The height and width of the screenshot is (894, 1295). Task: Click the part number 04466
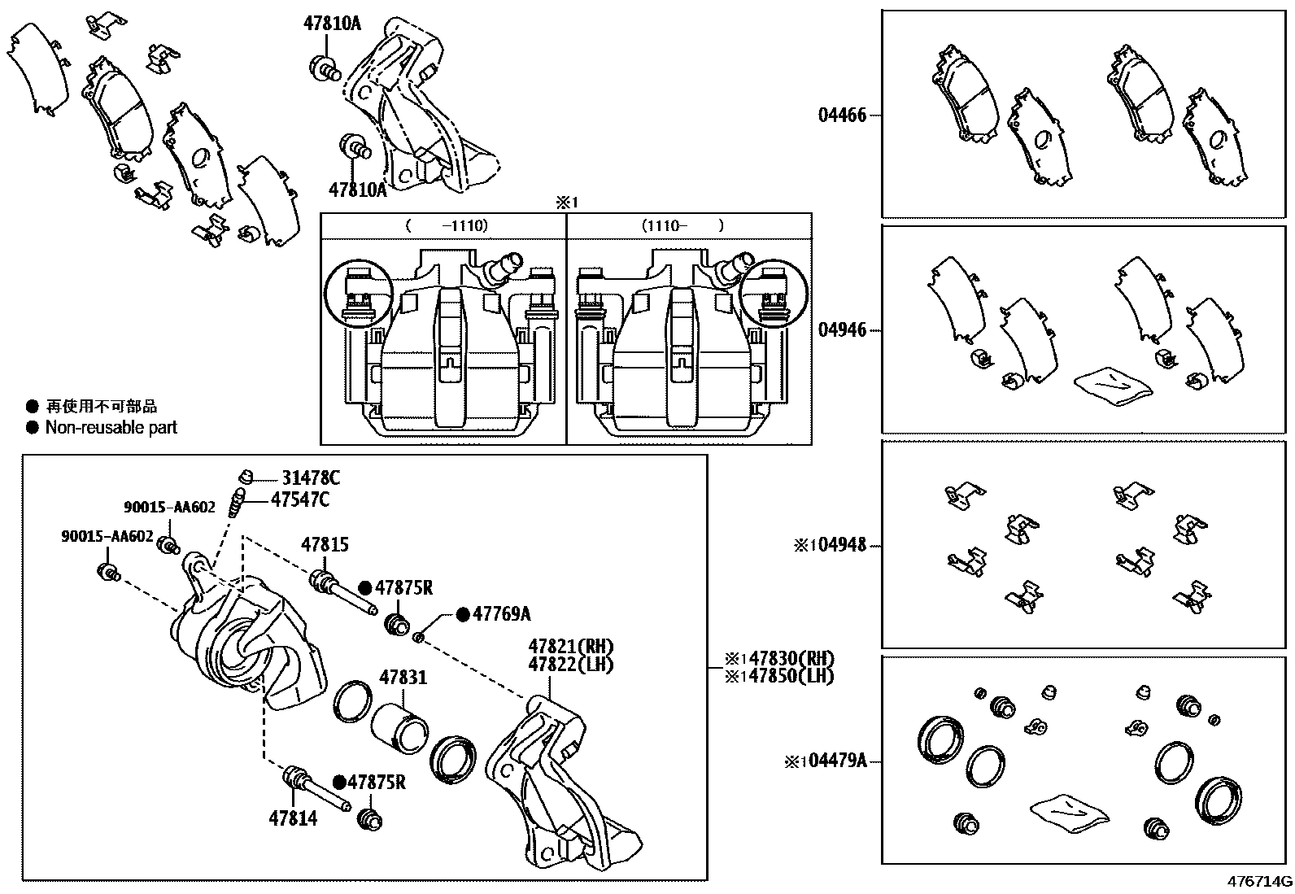[842, 116]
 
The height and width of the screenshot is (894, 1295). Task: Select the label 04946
[842, 331]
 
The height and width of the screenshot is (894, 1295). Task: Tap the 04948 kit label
[842, 545]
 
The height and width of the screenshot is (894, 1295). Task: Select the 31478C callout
[310, 478]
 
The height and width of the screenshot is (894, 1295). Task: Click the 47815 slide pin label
[325, 545]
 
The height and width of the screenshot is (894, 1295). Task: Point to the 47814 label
[293, 818]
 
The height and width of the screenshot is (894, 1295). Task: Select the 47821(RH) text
[570, 647]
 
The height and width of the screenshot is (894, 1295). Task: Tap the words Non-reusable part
[111, 427]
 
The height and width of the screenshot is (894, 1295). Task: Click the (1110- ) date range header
[682, 226]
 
